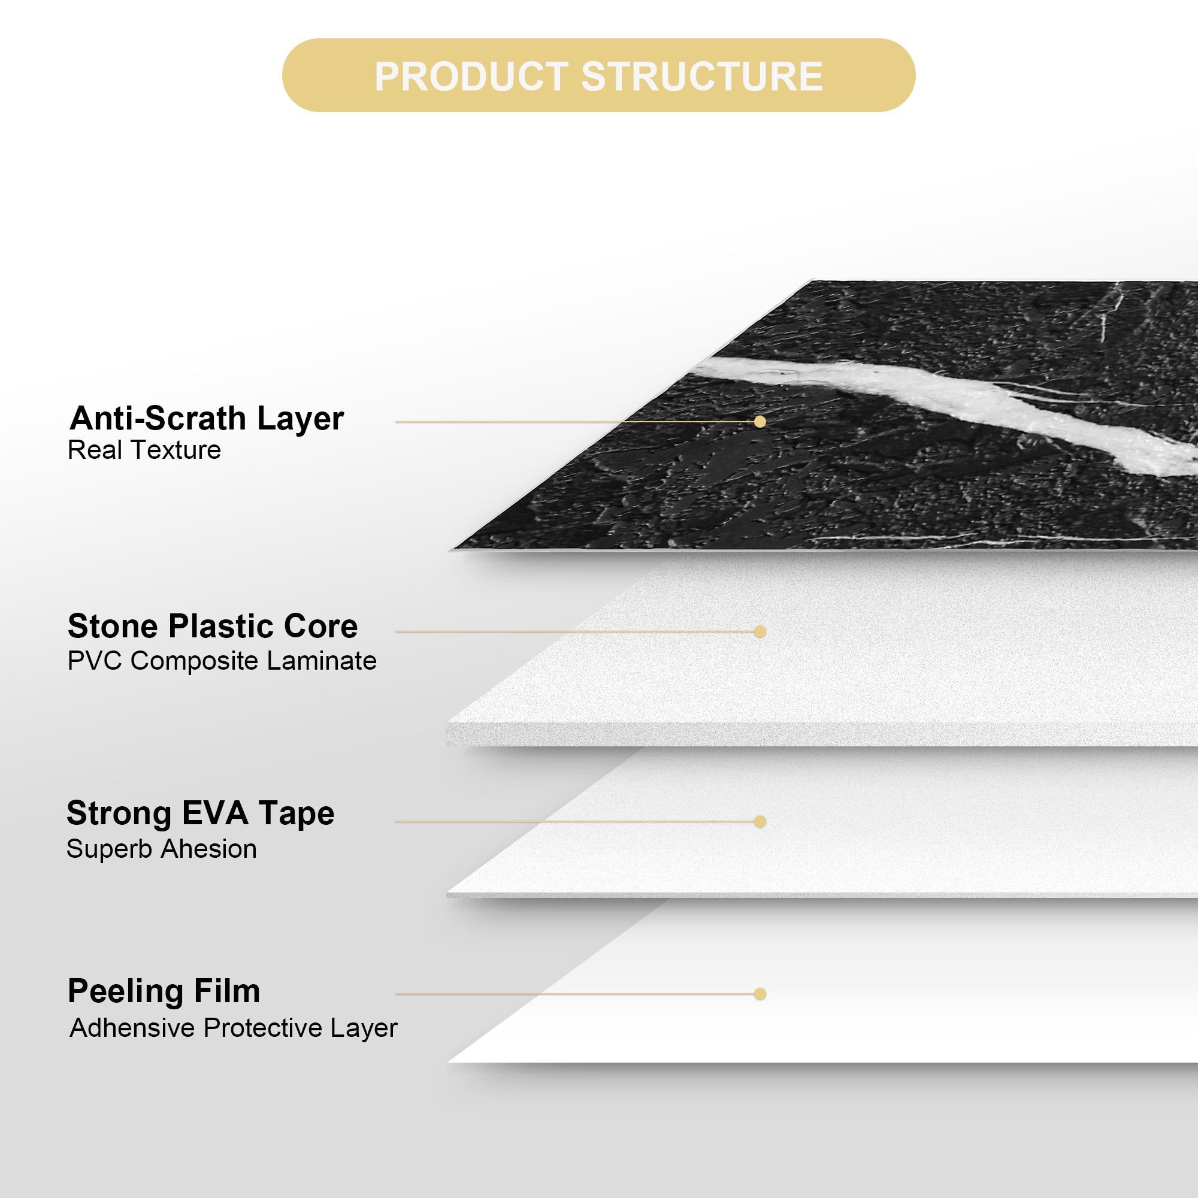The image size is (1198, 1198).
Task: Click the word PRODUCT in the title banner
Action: pos(471,76)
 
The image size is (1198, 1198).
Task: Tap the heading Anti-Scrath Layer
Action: pos(207,419)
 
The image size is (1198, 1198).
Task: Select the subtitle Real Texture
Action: pos(144,450)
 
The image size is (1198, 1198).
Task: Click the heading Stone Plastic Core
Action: pos(213,627)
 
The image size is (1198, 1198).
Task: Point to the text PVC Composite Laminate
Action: pos(222,661)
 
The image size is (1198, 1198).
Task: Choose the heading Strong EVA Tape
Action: pos(200,813)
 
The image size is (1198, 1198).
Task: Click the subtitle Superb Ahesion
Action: pos(161,849)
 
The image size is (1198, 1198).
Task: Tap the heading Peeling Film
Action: pos(164,991)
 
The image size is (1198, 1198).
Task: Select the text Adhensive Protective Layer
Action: pos(233,1028)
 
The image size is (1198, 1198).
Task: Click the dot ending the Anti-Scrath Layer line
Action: pos(760,422)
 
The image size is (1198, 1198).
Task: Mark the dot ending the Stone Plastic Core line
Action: pos(760,632)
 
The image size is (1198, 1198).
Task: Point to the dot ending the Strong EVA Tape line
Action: pos(760,822)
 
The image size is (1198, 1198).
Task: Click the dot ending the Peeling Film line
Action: pos(760,994)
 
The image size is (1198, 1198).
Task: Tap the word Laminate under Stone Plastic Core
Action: pos(321,661)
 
